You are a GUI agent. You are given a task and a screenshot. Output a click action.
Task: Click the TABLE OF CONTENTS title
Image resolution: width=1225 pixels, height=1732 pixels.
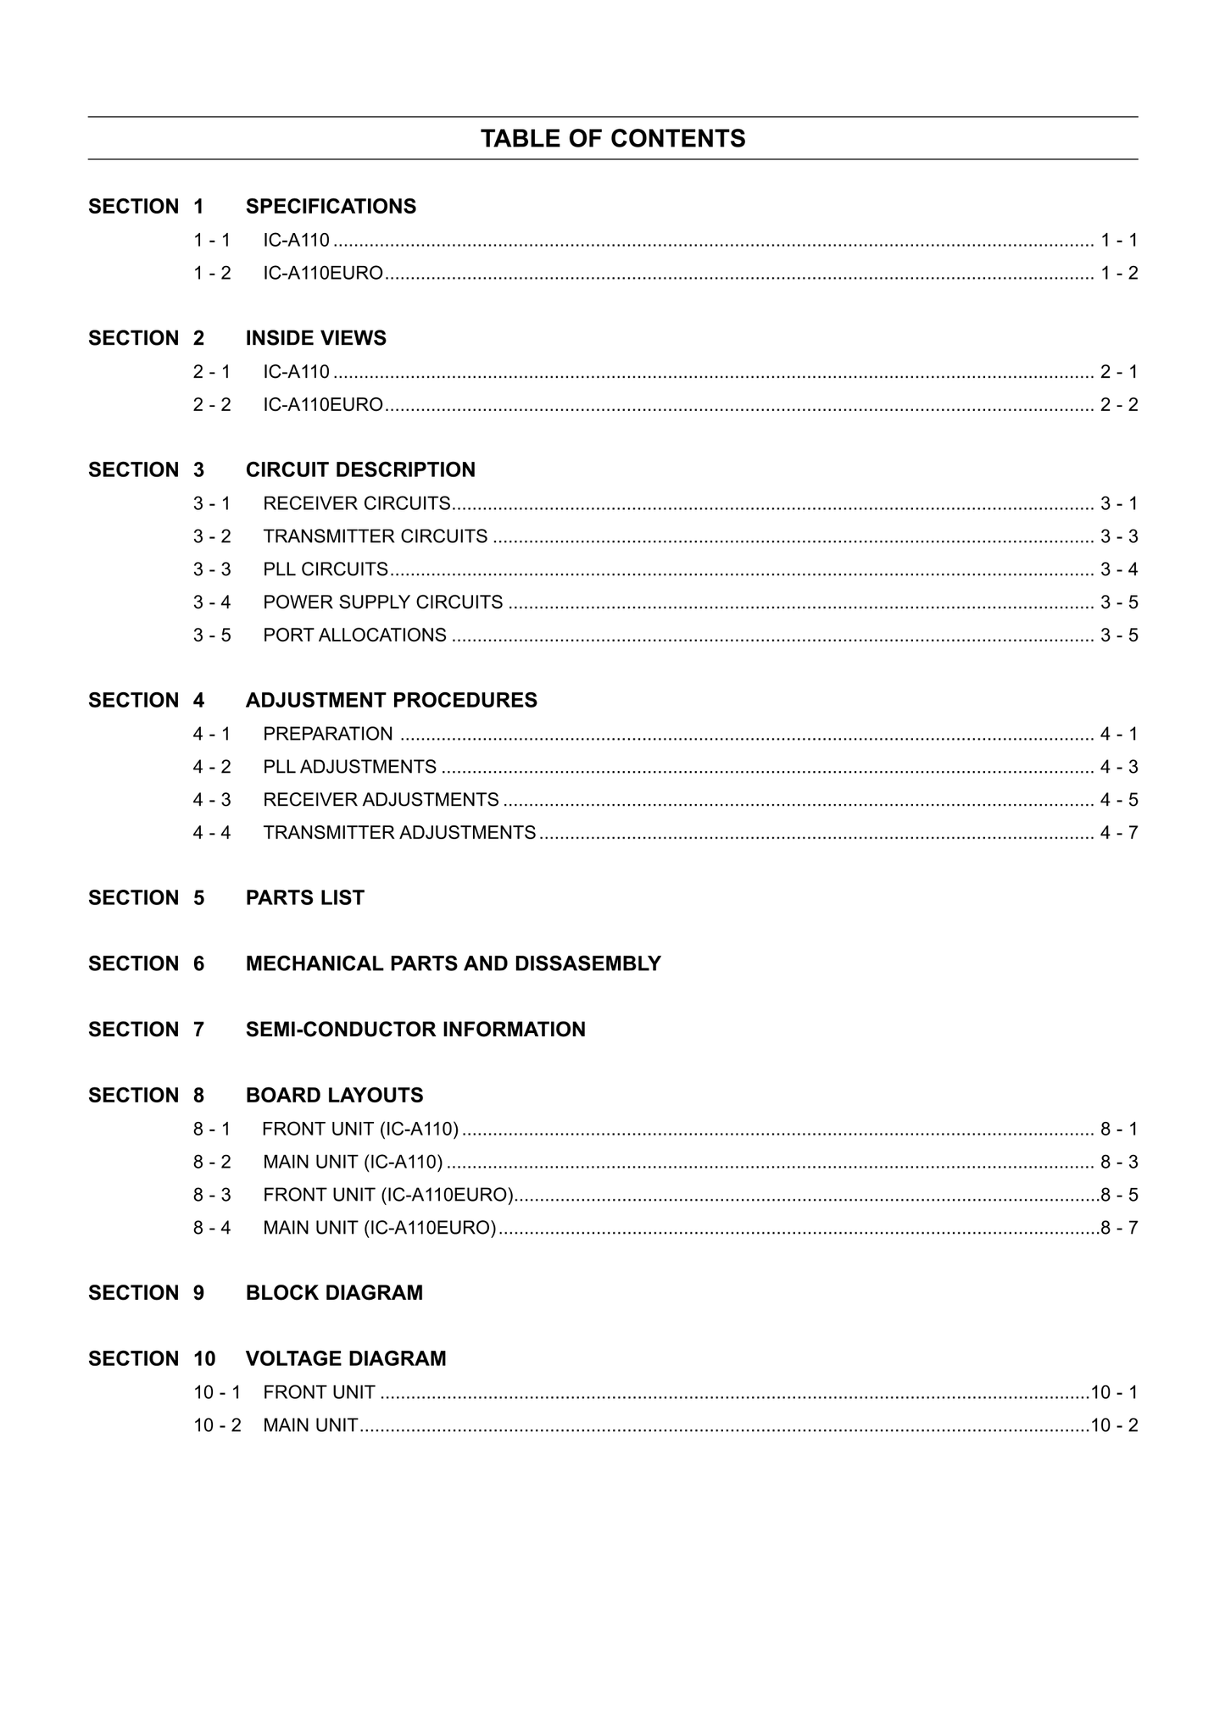pos(613,138)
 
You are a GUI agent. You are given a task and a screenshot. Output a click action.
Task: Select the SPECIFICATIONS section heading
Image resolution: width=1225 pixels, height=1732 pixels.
pos(331,207)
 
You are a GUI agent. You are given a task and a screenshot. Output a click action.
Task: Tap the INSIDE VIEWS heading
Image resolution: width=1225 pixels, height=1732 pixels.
pos(315,338)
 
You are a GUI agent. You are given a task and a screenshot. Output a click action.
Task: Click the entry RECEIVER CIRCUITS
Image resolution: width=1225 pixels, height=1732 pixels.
pos(356,503)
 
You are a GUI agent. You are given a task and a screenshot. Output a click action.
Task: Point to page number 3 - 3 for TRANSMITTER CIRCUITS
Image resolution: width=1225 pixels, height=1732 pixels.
pos(1118,536)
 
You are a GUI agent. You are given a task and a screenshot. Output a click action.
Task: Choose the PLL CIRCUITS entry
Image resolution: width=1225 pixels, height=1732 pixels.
pos(326,569)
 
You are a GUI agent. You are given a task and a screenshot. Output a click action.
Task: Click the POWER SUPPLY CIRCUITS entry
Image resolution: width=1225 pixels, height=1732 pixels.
pos(382,602)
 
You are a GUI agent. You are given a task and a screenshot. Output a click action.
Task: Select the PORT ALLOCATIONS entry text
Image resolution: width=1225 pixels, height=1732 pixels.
pos(354,636)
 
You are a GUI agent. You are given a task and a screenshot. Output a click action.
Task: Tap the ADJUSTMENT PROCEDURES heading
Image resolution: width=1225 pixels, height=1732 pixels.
pos(391,701)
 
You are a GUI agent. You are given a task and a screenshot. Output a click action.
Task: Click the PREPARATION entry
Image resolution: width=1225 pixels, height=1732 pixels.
pos(328,734)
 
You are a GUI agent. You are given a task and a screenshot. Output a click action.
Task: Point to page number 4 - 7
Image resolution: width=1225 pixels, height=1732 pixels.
pos(1118,833)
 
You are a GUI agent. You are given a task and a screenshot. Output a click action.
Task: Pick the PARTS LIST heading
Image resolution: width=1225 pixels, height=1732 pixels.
pos(304,898)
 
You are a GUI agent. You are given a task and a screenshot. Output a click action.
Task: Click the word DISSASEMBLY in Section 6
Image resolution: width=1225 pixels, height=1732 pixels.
pos(587,964)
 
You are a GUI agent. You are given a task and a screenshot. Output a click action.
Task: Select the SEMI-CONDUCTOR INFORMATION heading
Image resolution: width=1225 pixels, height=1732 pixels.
pos(415,1030)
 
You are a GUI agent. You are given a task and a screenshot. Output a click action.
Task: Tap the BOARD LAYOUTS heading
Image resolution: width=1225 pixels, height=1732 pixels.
pos(334,1096)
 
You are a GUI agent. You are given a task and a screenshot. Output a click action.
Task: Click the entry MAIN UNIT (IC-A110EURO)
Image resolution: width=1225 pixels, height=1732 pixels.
pos(379,1228)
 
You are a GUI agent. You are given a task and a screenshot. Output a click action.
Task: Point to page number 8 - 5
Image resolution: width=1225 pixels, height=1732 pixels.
pos(1119,1196)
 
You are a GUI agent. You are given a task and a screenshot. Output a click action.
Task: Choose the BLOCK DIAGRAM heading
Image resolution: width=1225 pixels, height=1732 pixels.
pos(334,1293)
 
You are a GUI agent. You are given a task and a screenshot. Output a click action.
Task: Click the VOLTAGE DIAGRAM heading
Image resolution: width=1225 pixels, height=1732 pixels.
pos(346,1359)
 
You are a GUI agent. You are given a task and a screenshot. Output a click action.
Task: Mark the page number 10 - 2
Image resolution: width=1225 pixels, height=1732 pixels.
pos(1114,1426)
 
